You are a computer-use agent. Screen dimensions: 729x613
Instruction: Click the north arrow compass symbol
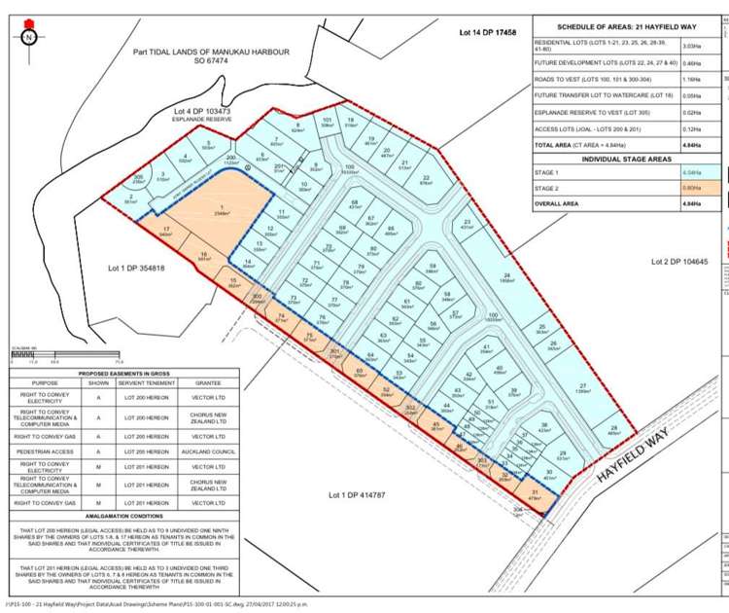29,38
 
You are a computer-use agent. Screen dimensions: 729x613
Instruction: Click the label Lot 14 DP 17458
487,34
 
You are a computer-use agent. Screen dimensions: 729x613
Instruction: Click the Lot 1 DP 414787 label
360,496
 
